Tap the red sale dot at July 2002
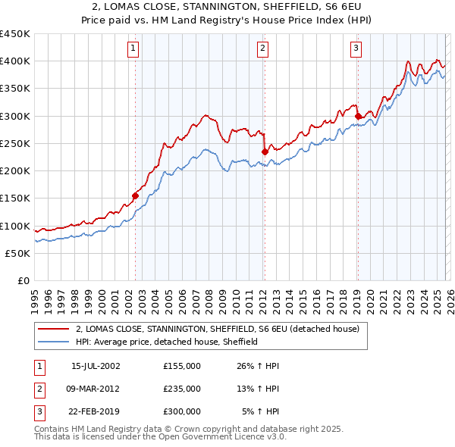pyautogui.click(x=135, y=195)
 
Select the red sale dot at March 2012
pyautogui.click(x=265, y=152)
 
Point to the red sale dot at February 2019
pyautogui.click(x=358, y=116)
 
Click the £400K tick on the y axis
pyautogui.click(x=15, y=61)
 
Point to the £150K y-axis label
pyautogui.click(x=15, y=198)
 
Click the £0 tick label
pyautogui.click(x=24, y=280)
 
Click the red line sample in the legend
pyautogui.click(x=54, y=330)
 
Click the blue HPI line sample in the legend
pyautogui.click(x=54, y=342)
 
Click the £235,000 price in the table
pyautogui.click(x=182, y=389)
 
